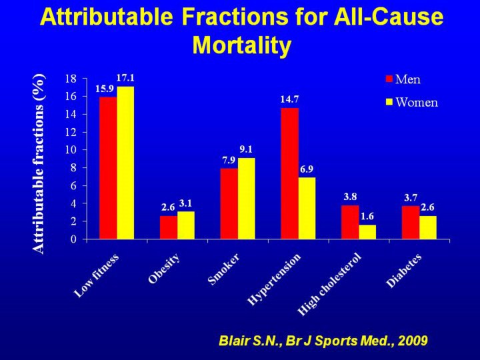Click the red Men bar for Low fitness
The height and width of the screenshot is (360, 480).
[108, 167]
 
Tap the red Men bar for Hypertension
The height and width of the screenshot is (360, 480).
[289, 173]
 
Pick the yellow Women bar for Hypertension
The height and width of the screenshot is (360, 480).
[307, 207]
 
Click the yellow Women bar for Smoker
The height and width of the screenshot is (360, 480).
[246, 198]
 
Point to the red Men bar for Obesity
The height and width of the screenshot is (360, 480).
[168, 227]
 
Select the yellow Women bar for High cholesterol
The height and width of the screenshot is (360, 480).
[367, 231]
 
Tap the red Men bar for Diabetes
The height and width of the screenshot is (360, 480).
[410, 222]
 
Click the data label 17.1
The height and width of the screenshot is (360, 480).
[125, 78]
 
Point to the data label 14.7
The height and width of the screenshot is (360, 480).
[289, 99]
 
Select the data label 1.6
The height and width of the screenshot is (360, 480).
[367, 216]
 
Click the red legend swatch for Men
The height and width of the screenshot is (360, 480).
[389, 79]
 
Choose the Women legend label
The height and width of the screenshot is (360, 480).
[417, 102]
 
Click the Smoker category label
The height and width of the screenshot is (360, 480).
[224, 269]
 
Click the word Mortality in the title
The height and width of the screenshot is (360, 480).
[242, 45]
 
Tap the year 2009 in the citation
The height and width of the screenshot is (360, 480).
[411, 341]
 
